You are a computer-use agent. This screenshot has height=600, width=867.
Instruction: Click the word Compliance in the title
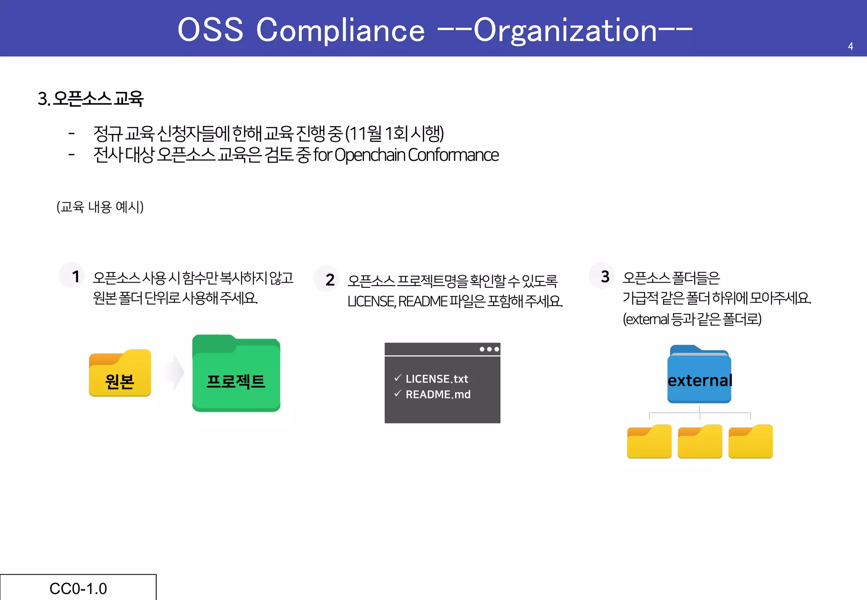tap(340, 30)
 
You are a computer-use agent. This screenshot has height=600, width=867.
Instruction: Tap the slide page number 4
tap(850, 47)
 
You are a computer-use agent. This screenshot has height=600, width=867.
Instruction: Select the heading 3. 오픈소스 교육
tap(91, 99)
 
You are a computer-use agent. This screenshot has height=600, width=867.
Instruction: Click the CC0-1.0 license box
tap(78, 588)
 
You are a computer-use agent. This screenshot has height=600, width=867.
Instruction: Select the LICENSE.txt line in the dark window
tap(436, 379)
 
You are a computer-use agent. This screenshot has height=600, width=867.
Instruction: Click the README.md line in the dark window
tap(438, 394)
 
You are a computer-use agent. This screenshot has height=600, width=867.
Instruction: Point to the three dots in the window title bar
tap(489, 349)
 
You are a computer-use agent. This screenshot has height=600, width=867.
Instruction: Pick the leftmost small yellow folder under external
tap(649, 441)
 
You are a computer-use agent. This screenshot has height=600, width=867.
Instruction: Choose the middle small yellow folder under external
tap(700, 441)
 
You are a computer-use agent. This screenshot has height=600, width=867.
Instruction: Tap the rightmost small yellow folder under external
tap(750, 441)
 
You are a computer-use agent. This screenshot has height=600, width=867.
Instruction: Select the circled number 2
tap(330, 280)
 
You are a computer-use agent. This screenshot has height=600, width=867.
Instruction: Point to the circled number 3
tap(605, 276)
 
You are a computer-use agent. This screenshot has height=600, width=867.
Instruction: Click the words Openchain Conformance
tap(417, 155)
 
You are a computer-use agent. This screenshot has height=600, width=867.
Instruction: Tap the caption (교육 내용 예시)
tap(100, 207)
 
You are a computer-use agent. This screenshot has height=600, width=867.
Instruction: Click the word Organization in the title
tap(565, 30)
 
